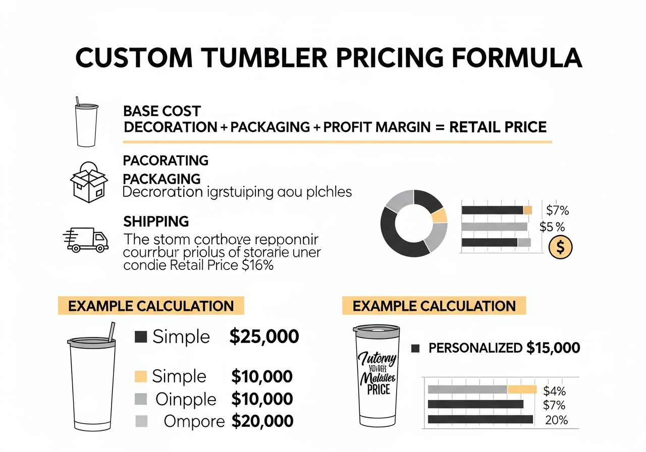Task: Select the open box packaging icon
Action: click(88, 182)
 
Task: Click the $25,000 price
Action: click(264, 336)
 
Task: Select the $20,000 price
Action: click(262, 421)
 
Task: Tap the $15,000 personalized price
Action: click(553, 348)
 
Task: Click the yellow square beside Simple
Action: click(141, 376)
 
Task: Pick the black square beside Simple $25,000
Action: click(141, 336)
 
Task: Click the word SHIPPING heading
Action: click(156, 221)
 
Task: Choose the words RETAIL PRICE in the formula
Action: click(498, 127)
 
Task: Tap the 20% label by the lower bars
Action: click(557, 420)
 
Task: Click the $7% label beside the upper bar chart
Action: click(557, 210)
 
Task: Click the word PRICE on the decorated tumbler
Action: click(379, 389)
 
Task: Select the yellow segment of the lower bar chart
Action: click(522, 389)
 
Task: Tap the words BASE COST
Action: click(161, 111)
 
